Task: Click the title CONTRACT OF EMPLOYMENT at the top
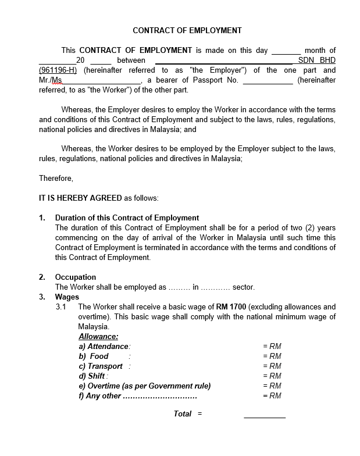coord(187,30)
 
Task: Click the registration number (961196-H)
coord(58,70)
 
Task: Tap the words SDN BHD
coord(316,60)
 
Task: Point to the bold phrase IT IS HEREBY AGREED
coord(80,198)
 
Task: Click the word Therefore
coord(56,178)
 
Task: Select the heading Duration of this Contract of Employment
coord(127,218)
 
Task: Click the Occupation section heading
coord(76,277)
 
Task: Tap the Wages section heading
coord(67,297)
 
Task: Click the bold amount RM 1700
coord(231,307)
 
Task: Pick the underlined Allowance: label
coord(98,336)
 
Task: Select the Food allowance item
coord(94,356)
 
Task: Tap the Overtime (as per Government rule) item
coord(145,386)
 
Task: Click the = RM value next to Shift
coord(272,376)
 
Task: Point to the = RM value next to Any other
coord(272,396)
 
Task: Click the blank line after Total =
coord(265,415)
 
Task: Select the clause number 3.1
coord(61,307)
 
